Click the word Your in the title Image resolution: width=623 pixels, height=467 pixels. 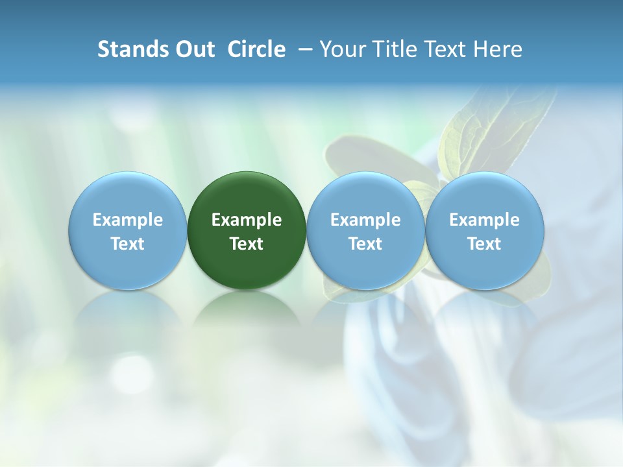[x=341, y=49]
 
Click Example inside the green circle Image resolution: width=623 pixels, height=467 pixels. [x=247, y=220]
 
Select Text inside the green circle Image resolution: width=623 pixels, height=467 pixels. [x=247, y=244]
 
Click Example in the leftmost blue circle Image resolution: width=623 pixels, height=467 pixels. [x=128, y=220]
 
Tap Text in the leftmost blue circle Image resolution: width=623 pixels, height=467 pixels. [x=128, y=244]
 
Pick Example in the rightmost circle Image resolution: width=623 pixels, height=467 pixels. [x=484, y=220]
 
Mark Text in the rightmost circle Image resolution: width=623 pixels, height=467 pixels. [x=484, y=244]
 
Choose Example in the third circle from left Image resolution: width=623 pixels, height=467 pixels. [x=365, y=220]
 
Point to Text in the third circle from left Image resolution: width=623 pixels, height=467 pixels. [x=365, y=244]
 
